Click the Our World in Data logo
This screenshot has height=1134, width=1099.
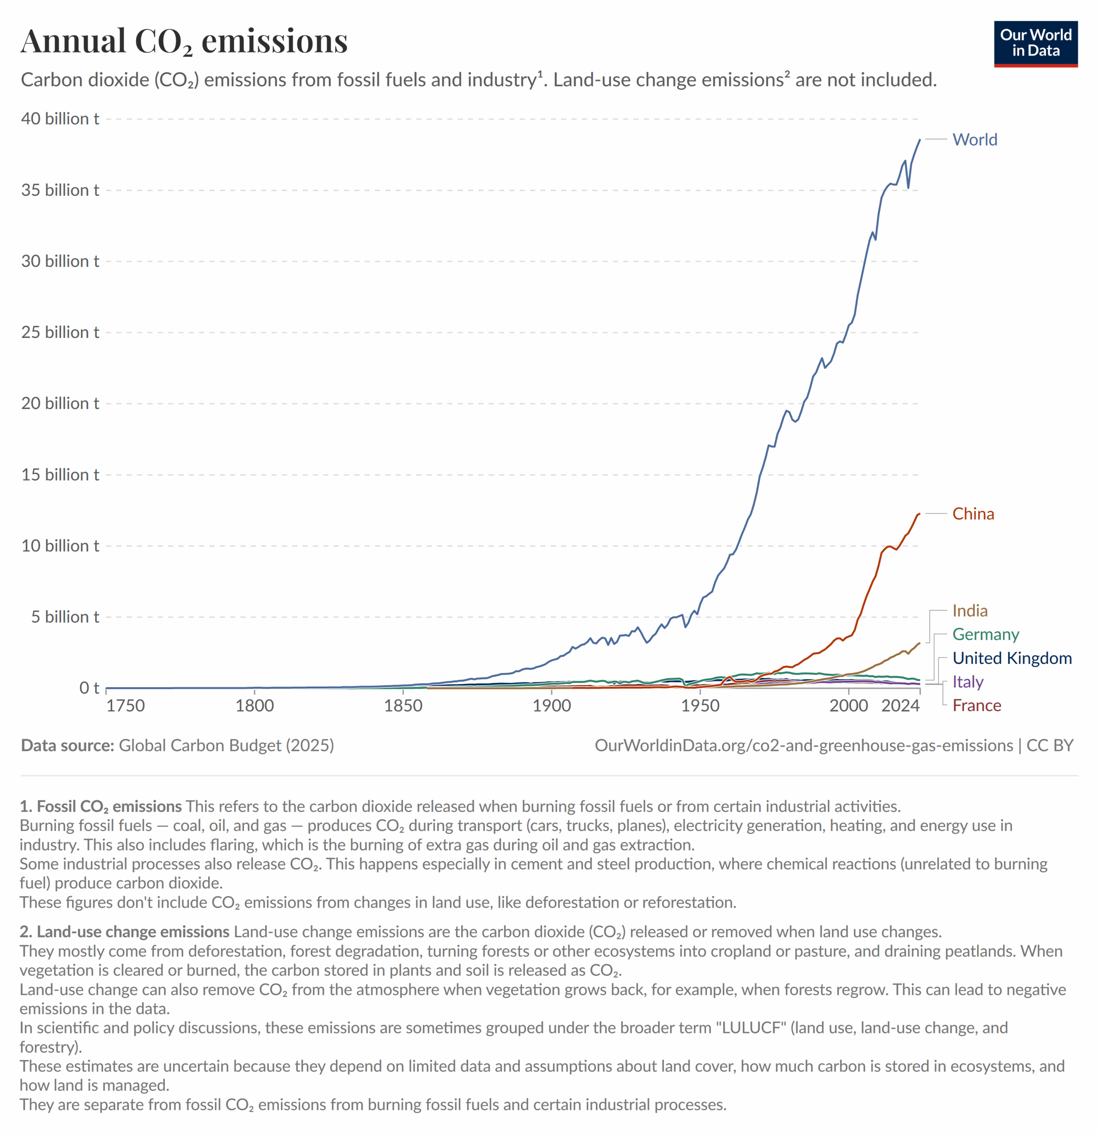(1035, 43)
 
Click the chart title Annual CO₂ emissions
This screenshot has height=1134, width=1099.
(184, 41)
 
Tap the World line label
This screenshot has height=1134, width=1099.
(974, 140)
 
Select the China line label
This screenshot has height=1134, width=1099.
(973, 514)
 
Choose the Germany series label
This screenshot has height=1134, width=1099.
(985, 634)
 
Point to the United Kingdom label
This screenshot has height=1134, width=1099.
(1012, 658)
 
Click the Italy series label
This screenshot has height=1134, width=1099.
(968, 682)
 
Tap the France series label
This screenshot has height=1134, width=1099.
(976, 705)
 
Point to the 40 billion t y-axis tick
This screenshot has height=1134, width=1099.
(60, 119)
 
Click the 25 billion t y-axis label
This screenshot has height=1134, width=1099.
(60, 332)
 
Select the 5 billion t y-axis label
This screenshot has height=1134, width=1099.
(65, 617)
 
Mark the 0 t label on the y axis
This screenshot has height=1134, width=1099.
(89, 688)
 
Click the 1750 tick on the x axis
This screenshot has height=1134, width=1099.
(125, 706)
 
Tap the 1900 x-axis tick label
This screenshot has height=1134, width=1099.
(552, 706)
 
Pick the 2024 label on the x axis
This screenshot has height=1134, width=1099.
(900, 706)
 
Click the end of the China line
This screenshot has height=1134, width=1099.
(919, 514)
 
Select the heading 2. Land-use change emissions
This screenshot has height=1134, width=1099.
(125, 932)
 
